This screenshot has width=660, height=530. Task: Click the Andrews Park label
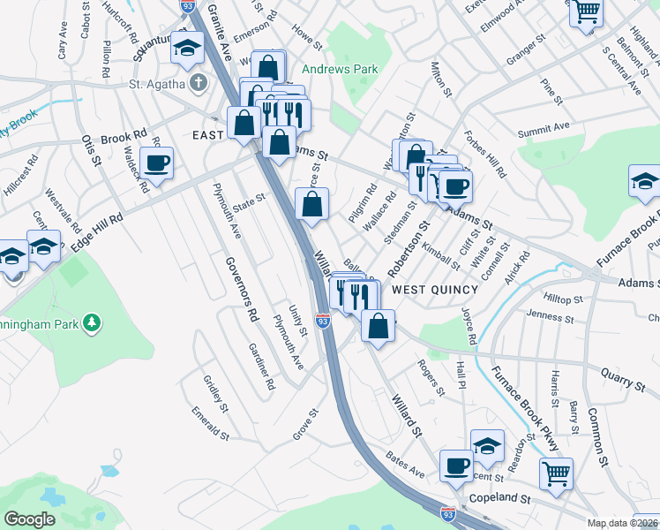tap(340, 69)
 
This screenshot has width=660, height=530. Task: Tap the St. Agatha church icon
tap(199, 84)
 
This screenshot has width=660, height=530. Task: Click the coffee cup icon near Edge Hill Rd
tap(156, 163)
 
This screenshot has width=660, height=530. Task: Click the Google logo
tap(29, 519)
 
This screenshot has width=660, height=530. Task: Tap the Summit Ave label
tap(544, 129)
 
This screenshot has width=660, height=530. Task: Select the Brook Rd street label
tap(124, 138)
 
